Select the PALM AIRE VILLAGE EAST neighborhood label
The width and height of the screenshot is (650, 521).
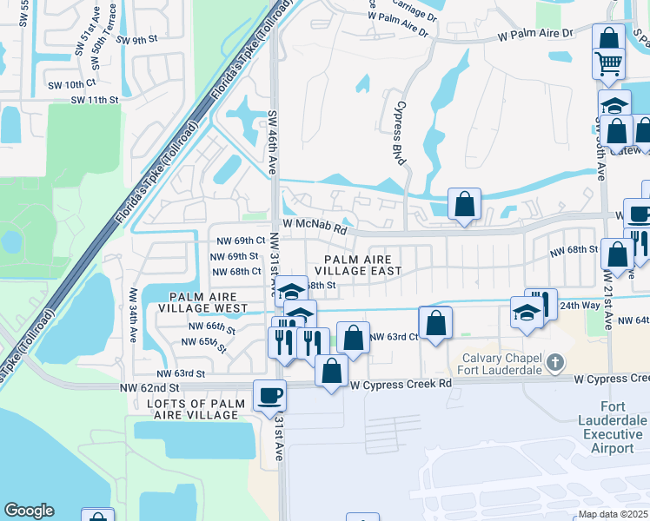pos(363,265)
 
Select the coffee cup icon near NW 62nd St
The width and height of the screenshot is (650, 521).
pos(269,395)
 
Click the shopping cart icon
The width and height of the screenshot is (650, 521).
pos(608,63)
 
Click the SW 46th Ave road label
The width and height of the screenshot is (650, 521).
pos(272,143)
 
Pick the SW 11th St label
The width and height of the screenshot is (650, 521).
pos(95,101)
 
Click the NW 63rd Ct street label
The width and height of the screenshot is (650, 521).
pos(394,337)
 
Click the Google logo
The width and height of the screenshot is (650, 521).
pos(29,511)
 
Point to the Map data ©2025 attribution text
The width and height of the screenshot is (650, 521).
pos(614,514)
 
